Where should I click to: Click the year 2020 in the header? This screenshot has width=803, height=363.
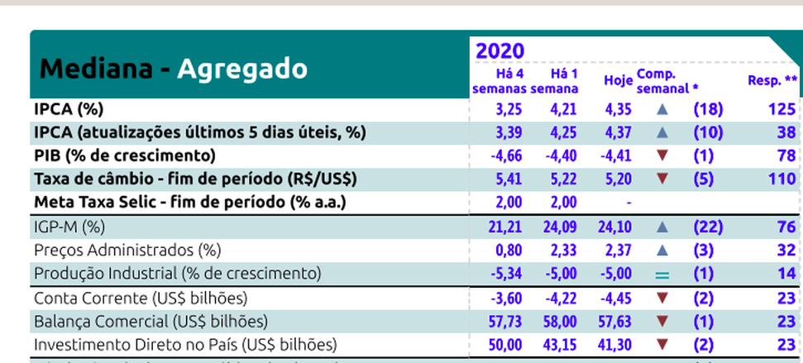pyautogui.click(x=499, y=51)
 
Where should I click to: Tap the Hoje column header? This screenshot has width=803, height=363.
pyautogui.click(x=618, y=80)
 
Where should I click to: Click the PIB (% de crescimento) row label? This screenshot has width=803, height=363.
pyautogui.click(x=124, y=155)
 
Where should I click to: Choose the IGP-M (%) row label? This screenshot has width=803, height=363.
pyautogui.click(x=69, y=227)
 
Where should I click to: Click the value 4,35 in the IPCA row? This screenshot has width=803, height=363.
pyautogui.click(x=618, y=108)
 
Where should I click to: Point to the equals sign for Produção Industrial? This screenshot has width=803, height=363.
pyautogui.click(x=662, y=274)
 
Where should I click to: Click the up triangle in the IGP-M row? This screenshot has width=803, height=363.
pyautogui.click(x=662, y=227)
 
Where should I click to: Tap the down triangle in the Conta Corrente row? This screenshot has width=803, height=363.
pyautogui.click(x=662, y=298)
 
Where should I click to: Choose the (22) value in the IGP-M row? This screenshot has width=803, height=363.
pyautogui.click(x=708, y=227)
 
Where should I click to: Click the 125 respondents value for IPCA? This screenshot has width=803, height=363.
pyautogui.click(x=781, y=108)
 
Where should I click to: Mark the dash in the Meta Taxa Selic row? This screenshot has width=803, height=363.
pyautogui.click(x=629, y=203)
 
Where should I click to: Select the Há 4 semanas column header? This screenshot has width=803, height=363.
pyautogui.click(x=498, y=81)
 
